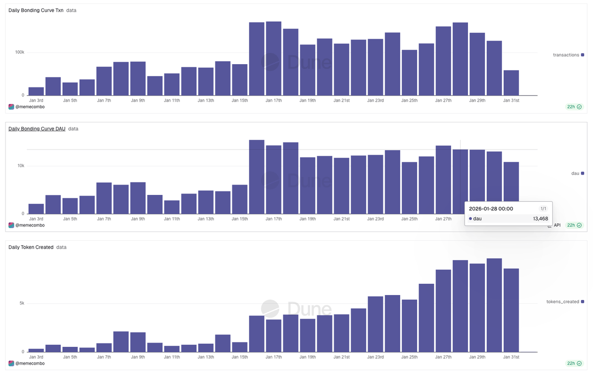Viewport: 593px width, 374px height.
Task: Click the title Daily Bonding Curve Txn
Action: coord(36,10)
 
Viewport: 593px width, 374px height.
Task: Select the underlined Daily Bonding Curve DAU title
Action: coord(37,129)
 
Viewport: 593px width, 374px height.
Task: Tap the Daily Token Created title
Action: coord(31,247)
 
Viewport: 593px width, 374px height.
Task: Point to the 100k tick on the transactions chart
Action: coord(19,52)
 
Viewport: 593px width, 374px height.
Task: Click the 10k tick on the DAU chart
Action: coord(21,166)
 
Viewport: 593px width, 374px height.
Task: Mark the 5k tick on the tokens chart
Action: coord(22,303)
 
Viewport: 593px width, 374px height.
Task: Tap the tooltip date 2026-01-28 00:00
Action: coord(491,209)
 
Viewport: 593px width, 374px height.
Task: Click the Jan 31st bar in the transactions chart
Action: coord(511,83)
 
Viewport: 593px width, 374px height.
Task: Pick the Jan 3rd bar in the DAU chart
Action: coord(36,209)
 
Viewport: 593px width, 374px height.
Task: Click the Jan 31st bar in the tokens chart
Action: coord(511,310)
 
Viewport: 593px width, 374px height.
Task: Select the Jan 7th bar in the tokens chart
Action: coord(104,347)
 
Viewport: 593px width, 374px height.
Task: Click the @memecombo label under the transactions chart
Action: coord(29,107)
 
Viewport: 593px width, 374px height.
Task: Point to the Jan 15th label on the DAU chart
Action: coord(240,219)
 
